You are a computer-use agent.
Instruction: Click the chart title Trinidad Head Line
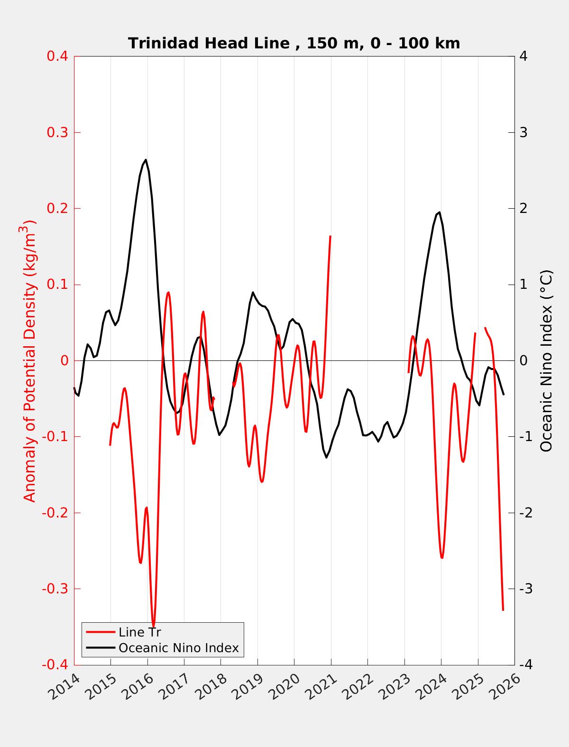pyautogui.click(x=294, y=43)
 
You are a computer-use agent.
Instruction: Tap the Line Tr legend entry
pyautogui.click(x=139, y=632)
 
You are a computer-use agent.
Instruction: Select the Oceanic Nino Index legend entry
pyautogui.click(x=178, y=647)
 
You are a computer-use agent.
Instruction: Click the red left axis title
pyautogui.click(x=30, y=360)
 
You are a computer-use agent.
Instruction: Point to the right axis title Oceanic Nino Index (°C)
pyautogui.click(x=546, y=360)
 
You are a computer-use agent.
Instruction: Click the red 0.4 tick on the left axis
pyautogui.click(x=57, y=56)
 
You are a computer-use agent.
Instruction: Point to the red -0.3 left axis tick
pyautogui.click(x=55, y=589)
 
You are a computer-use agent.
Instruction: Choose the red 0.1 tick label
pyautogui.click(x=57, y=285)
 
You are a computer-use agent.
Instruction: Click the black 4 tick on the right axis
pyautogui.click(x=523, y=56)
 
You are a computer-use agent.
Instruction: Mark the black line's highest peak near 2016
pyautogui.click(x=146, y=160)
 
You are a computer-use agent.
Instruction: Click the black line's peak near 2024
pyautogui.click(x=440, y=212)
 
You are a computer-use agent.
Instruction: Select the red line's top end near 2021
pyautogui.click(x=330, y=236)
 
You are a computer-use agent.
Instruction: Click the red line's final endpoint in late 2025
pyautogui.click(x=503, y=610)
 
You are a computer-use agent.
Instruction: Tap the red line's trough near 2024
pyautogui.click(x=442, y=558)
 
